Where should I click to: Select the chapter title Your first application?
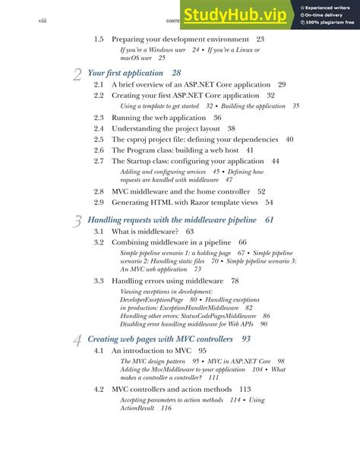(125, 73)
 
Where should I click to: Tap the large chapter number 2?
(78, 74)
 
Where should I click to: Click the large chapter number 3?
(78, 221)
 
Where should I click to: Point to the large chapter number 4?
(78, 340)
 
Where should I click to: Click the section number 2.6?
(99, 150)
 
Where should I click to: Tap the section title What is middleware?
(145, 231)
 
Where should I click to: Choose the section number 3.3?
(99, 280)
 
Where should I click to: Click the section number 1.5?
(99, 39)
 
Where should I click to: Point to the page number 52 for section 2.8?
(261, 191)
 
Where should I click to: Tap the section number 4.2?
(99, 389)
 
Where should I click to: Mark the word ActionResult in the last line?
(137, 408)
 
